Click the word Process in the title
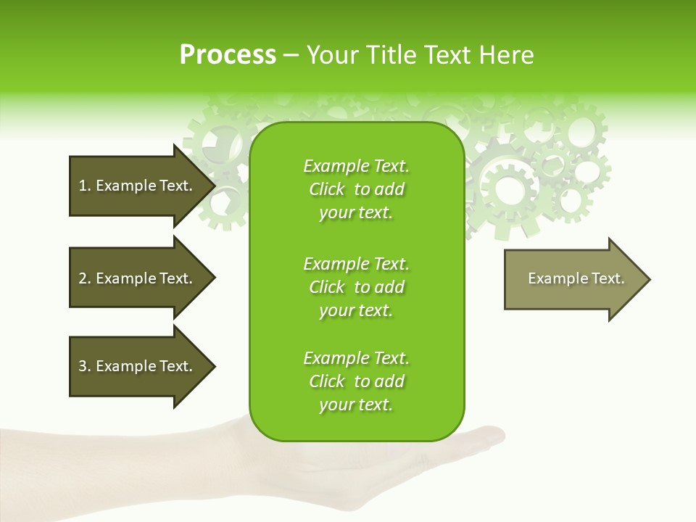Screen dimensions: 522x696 click(x=228, y=55)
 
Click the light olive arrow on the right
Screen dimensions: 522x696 click(x=573, y=279)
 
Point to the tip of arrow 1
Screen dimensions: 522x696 click(x=213, y=186)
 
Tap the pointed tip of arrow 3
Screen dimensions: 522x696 click(x=213, y=367)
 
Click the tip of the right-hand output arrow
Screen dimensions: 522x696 click(x=648, y=279)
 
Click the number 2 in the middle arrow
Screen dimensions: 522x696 click(x=83, y=278)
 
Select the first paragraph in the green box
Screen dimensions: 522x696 click(x=356, y=189)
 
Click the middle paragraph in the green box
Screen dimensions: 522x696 click(x=356, y=287)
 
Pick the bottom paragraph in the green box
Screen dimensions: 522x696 click(x=356, y=381)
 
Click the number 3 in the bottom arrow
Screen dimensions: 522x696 click(x=83, y=366)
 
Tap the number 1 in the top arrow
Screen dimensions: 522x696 click(x=82, y=186)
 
